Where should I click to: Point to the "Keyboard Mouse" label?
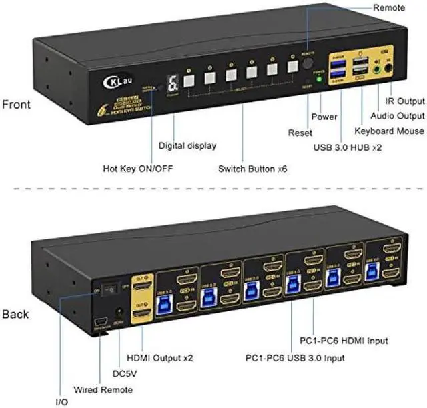[389, 131]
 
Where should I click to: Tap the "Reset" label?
[300, 133]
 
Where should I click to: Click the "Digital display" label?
[187, 145]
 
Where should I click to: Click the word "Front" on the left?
[16, 104]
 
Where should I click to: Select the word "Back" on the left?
[15, 313]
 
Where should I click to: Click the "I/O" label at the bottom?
[61, 403]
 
